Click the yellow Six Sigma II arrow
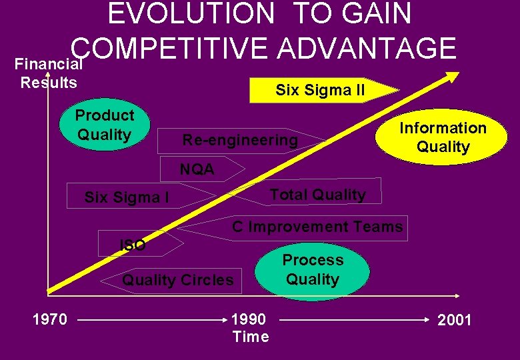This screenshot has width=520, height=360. pos(321,90)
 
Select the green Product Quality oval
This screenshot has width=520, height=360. pos(105,125)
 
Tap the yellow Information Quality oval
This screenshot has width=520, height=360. pos(443,137)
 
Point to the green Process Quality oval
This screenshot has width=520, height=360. pos(313,269)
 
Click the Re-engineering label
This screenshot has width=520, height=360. pos(240,140)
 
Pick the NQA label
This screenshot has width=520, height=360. pos(197,170)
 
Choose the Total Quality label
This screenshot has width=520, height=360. pos(317,195)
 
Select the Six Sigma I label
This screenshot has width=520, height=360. pos(127,197)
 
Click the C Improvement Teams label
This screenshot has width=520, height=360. pos(317,227)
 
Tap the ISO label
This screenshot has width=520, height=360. pos(132,245)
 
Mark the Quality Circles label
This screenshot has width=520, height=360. pos(178,281)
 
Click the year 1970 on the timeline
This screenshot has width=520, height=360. pos(50,321)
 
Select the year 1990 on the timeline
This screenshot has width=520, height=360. pos(251,319)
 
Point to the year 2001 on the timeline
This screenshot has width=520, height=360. pos(455,321)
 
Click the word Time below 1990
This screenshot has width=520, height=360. pos(251,337)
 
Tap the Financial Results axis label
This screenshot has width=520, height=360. pos(49,74)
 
